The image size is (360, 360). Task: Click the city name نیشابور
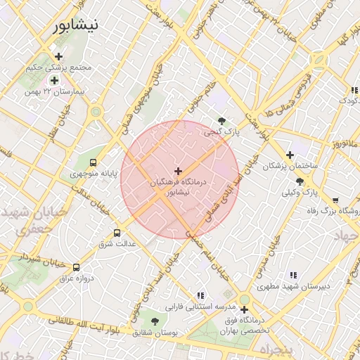coord(75,25)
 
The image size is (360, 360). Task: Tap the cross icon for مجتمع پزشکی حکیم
coord(58,56)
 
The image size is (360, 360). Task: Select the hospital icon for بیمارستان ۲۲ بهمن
coord(54,81)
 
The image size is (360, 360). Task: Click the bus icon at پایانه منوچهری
coord(94,162)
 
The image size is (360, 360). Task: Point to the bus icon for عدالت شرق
coord(117,233)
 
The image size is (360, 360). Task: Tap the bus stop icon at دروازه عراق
coord(76,267)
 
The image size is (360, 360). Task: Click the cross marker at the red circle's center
coord(178,170)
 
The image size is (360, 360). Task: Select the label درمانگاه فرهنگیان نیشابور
coord(179,186)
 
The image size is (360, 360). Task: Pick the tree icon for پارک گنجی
coord(222,121)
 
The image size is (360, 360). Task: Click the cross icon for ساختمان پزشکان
coord(289,155)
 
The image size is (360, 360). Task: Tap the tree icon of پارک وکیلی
coord(300,181)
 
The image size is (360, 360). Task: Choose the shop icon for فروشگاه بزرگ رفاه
coord(335,200)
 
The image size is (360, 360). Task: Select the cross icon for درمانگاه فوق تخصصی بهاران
coord(244,309)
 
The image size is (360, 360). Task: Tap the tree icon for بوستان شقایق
coord(155,320)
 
